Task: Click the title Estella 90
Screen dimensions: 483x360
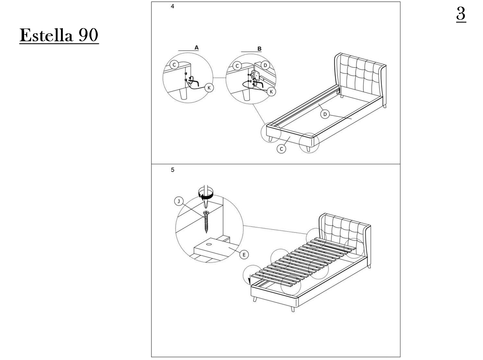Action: [x=59, y=36]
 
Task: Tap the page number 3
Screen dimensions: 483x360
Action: [x=461, y=14]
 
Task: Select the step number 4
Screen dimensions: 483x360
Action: [x=173, y=6]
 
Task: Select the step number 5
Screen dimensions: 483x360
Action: [x=173, y=170]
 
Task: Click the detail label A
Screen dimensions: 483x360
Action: [x=197, y=48]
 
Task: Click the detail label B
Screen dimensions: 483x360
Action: [x=260, y=49]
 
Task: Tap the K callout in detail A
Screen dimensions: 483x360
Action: [x=209, y=88]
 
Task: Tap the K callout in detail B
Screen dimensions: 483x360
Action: [x=271, y=92]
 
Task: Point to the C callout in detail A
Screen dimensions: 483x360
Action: [x=174, y=65]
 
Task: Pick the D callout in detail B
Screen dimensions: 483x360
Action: [x=265, y=65]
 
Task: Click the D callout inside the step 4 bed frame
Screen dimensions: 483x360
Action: [x=324, y=115]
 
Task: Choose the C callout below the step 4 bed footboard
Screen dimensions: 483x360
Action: [x=281, y=149]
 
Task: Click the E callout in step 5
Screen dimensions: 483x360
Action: [x=244, y=255]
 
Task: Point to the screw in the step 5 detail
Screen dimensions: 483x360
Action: [x=206, y=221]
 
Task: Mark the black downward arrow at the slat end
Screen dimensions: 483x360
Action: [x=249, y=280]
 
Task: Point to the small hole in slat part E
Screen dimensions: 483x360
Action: [x=209, y=244]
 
